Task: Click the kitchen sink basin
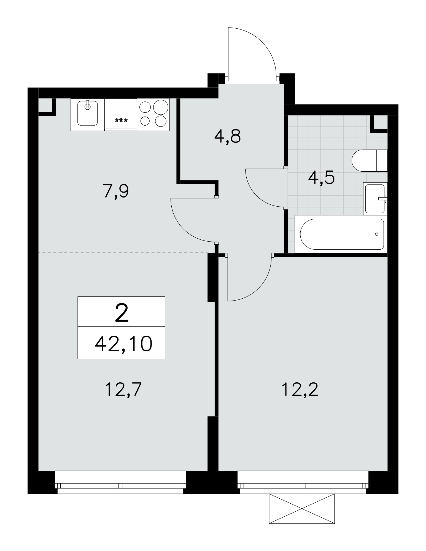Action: click(87, 113)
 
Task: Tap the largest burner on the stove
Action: click(161, 107)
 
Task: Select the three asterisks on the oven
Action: click(121, 120)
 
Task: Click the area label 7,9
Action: click(115, 191)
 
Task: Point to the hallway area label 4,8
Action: click(227, 136)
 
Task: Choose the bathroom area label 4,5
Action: click(321, 177)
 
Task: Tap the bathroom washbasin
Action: click(375, 198)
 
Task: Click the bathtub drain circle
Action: click(376, 234)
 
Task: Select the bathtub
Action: click(341, 234)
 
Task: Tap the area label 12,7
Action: click(123, 389)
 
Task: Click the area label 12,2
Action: click(300, 389)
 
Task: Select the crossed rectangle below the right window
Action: click(302, 508)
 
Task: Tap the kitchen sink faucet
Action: click(88, 104)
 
